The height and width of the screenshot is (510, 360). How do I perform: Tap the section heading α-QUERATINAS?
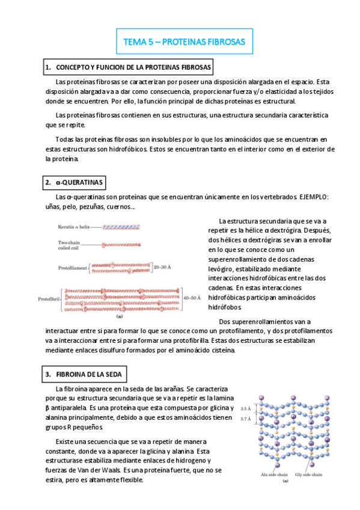74,182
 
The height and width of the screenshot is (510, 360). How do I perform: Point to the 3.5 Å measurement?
246,408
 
